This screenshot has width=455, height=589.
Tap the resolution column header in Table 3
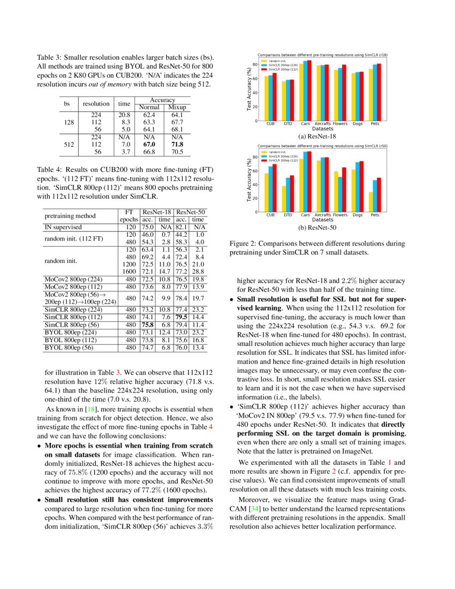(x=96, y=103)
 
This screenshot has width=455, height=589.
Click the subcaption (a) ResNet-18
(x=323, y=137)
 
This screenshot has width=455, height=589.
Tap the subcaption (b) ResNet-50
(x=323, y=228)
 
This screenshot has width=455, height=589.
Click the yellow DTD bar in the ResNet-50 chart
(x=284, y=199)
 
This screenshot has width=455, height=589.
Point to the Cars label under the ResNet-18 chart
(x=305, y=124)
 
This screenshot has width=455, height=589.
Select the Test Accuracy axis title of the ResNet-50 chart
(x=249, y=179)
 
